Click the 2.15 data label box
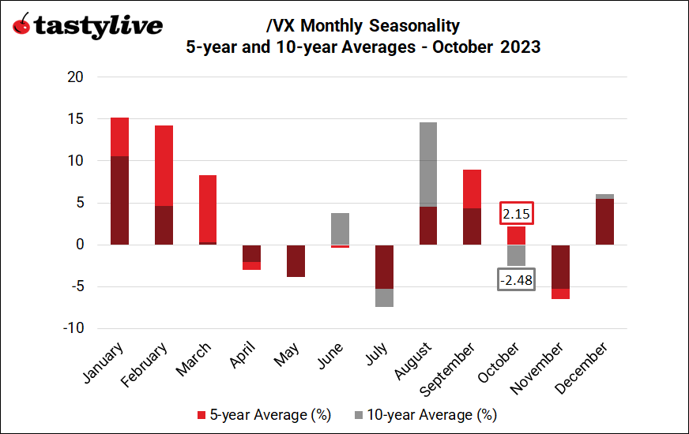click(x=516, y=213)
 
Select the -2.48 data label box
click(x=516, y=279)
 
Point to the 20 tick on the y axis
click(x=76, y=77)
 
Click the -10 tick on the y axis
click(x=73, y=328)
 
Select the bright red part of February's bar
click(x=164, y=166)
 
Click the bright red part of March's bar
click(x=208, y=208)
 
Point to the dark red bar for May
click(x=296, y=260)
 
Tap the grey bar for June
click(x=340, y=228)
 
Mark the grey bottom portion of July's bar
click(x=384, y=297)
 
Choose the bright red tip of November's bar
click(x=560, y=294)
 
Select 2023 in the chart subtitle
click(x=519, y=47)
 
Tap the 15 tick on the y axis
click(x=76, y=119)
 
